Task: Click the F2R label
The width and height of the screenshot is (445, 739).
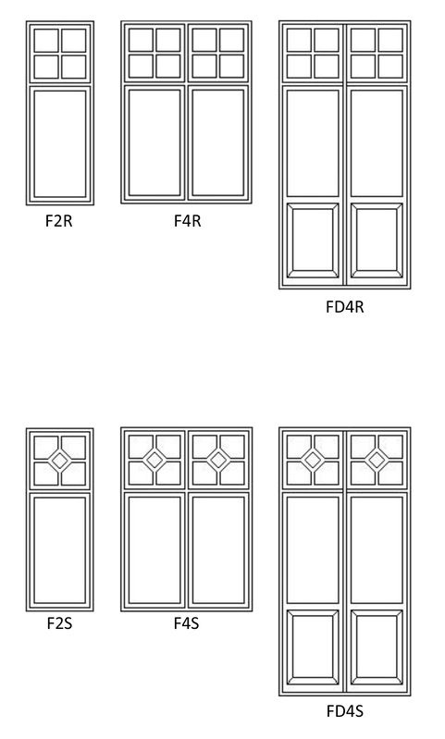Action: [59, 220]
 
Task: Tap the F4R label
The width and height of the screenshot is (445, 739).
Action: [187, 220]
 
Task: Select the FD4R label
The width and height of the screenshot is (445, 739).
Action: [344, 307]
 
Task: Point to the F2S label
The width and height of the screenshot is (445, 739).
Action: [59, 623]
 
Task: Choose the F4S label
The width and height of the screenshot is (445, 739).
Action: [186, 623]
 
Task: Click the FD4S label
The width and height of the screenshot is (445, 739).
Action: [344, 710]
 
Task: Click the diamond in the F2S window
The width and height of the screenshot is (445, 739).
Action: [60, 460]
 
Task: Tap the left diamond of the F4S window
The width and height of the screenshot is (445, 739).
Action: [155, 460]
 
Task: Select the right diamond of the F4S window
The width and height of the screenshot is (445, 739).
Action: [218, 460]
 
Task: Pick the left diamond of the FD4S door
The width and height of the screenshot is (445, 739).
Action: [313, 460]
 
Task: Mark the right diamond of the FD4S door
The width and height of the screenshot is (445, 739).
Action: [377, 460]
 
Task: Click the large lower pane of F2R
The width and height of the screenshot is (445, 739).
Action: [60, 143]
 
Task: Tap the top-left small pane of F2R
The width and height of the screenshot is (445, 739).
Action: [46, 41]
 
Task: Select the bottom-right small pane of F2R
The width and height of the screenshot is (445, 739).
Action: [73, 67]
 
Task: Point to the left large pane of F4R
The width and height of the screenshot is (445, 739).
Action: [155, 142]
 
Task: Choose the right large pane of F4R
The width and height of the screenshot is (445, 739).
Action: [218, 142]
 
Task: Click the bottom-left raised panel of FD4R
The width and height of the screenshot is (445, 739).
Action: [313, 240]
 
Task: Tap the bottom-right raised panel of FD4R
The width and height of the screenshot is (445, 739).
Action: [377, 240]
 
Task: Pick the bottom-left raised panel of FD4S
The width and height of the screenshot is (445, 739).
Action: [313, 647]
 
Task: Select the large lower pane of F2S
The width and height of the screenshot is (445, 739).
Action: [60, 550]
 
